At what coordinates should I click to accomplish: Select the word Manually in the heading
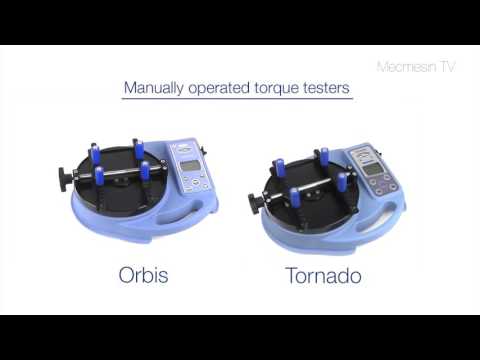[153, 87]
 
